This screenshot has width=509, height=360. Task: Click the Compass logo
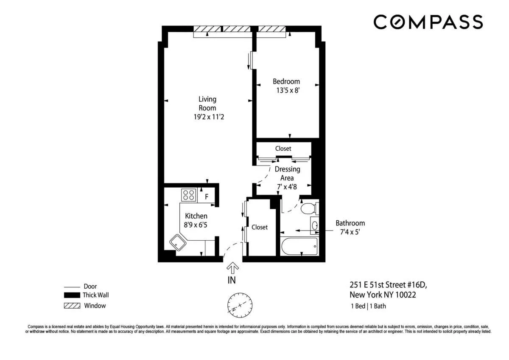pyautogui.click(x=428, y=22)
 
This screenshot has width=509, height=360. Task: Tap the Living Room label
pyautogui.click(x=207, y=104)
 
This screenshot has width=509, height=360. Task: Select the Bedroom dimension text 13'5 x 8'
pyautogui.click(x=288, y=90)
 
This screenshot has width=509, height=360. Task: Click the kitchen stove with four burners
pyautogui.click(x=188, y=195)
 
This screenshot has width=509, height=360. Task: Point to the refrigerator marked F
pyautogui.click(x=207, y=197)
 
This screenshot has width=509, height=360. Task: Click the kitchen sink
pyautogui.click(x=178, y=243)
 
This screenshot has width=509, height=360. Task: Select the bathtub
pyautogui.click(x=299, y=246)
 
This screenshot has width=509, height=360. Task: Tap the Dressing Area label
pyautogui.click(x=287, y=174)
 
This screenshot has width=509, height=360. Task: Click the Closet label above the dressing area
pyautogui.click(x=283, y=149)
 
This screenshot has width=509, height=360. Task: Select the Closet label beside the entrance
pyautogui.click(x=260, y=227)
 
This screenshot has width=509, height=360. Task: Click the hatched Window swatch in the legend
pyautogui.click(x=71, y=306)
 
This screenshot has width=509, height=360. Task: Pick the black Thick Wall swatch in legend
pyautogui.click(x=71, y=295)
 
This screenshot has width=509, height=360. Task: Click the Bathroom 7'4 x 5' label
pyautogui.click(x=350, y=227)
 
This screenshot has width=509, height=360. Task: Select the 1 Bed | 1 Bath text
pyautogui.click(x=367, y=306)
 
